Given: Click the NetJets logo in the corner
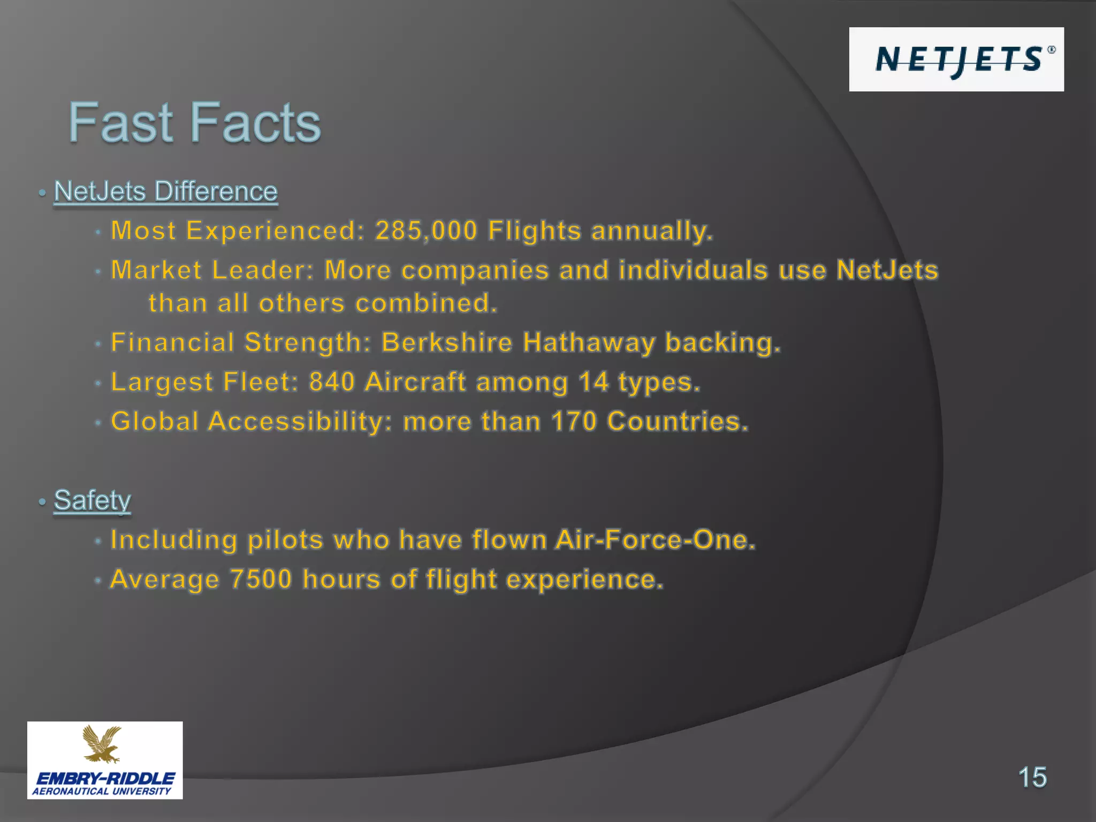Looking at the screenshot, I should pos(956,59).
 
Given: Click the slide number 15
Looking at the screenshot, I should pos(1032,777).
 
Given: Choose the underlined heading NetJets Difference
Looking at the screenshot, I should pos(166,192).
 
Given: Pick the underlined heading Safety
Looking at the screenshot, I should pos(92,501).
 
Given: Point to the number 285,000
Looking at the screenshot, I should pos(426,231).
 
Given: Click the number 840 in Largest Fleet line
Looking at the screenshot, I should pos(332,382).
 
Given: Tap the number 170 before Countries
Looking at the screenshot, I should pos(574,421).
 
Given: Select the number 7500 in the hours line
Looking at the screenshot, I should pos(261,579).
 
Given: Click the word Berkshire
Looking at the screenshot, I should pos(447,342).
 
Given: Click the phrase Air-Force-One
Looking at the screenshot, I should pos(656,539).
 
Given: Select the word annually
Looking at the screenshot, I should pos(652,231).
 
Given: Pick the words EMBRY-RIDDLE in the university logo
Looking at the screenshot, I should pos(105,779).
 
